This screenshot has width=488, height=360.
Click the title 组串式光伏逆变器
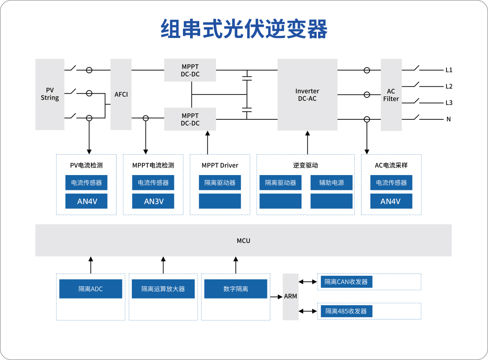[244, 29]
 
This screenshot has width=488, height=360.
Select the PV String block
[50, 94]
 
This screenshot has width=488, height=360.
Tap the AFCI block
[121, 94]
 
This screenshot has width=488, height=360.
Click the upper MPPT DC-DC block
[190, 70]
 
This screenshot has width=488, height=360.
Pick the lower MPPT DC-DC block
[190, 119]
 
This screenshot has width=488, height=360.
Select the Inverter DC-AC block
[307, 95]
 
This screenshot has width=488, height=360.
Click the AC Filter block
[391, 95]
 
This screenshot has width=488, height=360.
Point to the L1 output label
[449, 70]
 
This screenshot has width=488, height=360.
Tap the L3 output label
[449, 103]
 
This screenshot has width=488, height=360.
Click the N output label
[449, 119]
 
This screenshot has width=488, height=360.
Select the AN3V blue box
[153, 201]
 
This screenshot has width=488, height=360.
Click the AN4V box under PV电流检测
[86, 201]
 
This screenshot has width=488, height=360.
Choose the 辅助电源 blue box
[331, 183]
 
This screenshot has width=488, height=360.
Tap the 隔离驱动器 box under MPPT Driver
[220, 183]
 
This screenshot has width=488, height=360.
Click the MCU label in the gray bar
[244, 241]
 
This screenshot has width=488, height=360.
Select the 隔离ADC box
[90, 289]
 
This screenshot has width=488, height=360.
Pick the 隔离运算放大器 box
[163, 289]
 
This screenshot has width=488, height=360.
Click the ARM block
[291, 296]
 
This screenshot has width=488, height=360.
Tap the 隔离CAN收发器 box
[346, 282]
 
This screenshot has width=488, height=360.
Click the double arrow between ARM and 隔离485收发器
[308, 311]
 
